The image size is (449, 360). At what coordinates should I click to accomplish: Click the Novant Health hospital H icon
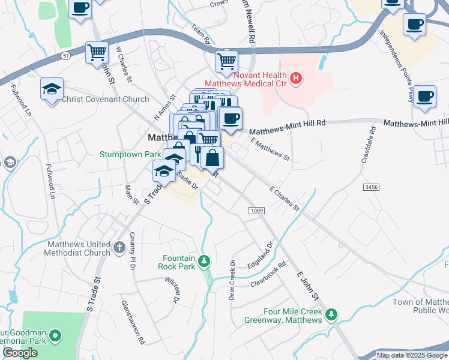[295, 77]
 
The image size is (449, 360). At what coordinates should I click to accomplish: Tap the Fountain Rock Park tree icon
[204, 261]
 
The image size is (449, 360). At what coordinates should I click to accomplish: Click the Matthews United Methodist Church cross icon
[119, 247]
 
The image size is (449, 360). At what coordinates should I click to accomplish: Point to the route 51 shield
[64, 55]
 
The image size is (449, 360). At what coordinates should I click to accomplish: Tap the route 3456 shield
[371, 188]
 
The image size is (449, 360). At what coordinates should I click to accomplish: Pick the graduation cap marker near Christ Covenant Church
[52, 89]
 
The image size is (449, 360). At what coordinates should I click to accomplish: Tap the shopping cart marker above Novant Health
[226, 61]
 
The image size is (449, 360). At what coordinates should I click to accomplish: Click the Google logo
[20, 353]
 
